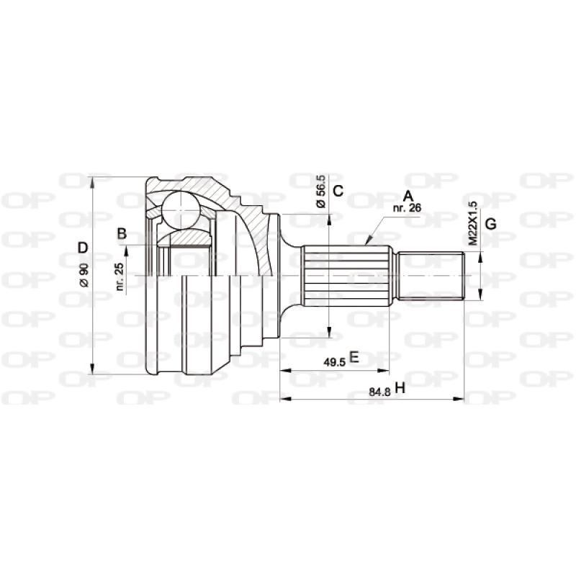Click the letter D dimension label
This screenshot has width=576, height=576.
pyautogui.click(x=83, y=248)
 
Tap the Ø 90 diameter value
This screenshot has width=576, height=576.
pyautogui.click(x=84, y=276)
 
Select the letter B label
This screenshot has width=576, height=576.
pyautogui.click(x=122, y=233)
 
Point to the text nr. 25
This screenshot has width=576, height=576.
pyautogui.click(x=120, y=276)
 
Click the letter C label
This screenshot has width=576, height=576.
pyautogui.click(x=338, y=191)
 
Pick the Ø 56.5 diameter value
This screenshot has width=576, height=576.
pyautogui.click(x=321, y=191)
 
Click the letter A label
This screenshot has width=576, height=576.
pyautogui.click(x=408, y=196)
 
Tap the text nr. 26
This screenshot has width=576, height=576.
pyautogui.click(x=407, y=208)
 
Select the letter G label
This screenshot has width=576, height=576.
pyautogui.click(x=490, y=224)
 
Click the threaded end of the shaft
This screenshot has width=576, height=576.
pyautogui.click(x=431, y=276)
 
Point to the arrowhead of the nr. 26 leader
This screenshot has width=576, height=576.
pyautogui.click(x=368, y=243)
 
